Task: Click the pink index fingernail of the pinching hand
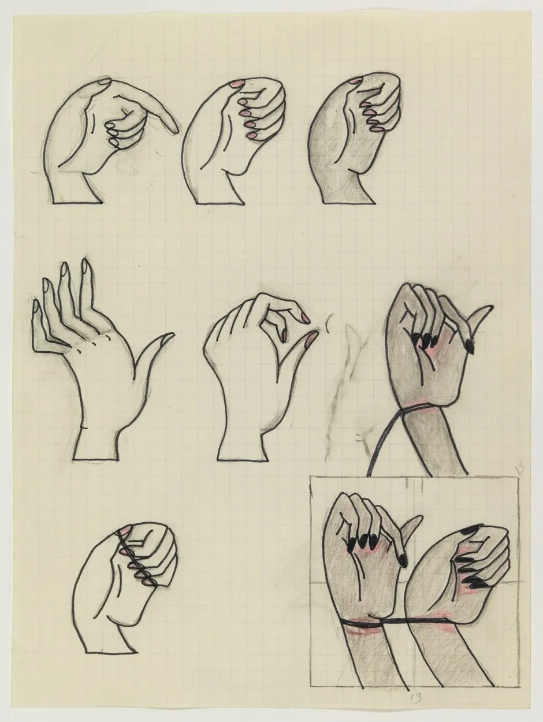[304, 317]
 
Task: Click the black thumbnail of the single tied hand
[470, 347]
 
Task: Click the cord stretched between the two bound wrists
[399, 621]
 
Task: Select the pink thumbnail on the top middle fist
[236, 85]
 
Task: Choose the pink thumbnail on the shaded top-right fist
[357, 79]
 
